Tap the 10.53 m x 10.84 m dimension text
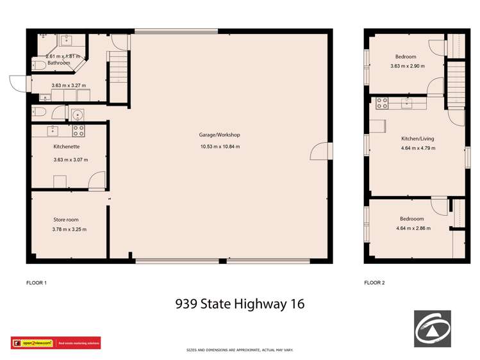click(x=219, y=147)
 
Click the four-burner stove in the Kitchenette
click(x=79, y=131)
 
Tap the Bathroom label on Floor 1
click(x=58, y=63)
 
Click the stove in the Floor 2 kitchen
click(x=383, y=101)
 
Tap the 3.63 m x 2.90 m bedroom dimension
click(x=407, y=66)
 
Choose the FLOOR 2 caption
click(x=375, y=282)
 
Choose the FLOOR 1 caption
click(x=37, y=282)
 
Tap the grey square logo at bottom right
click(x=432, y=329)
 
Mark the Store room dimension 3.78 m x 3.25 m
click(x=69, y=229)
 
